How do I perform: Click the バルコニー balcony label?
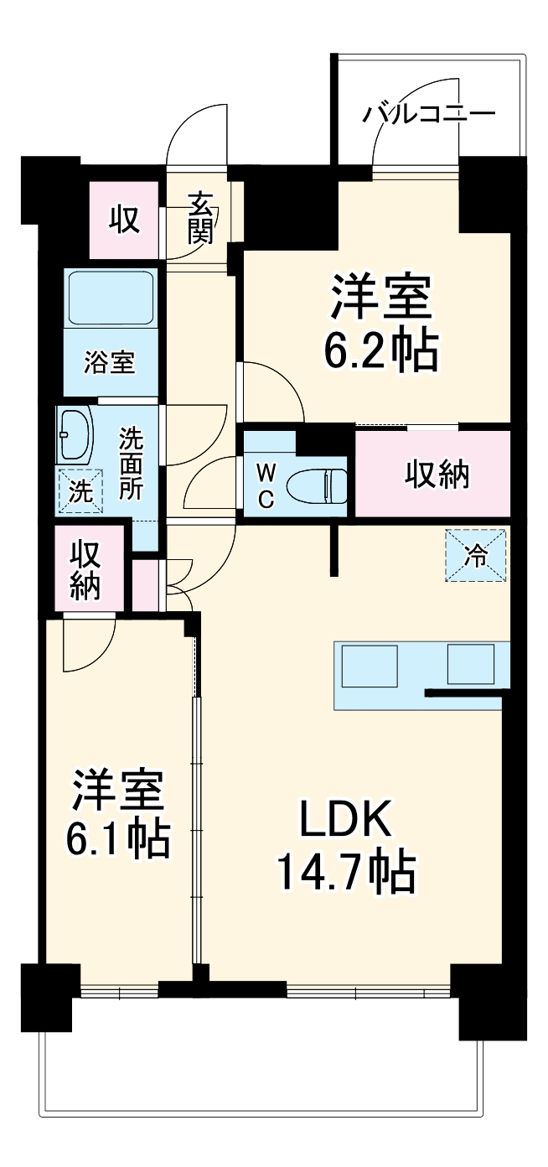[428, 113]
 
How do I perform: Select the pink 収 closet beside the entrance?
[124, 220]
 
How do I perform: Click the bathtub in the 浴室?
[111, 298]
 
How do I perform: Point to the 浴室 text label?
[110, 363]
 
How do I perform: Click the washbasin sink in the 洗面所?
[75, 433]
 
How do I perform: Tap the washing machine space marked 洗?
[80, 490]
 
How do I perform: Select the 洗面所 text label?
[131, 464]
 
